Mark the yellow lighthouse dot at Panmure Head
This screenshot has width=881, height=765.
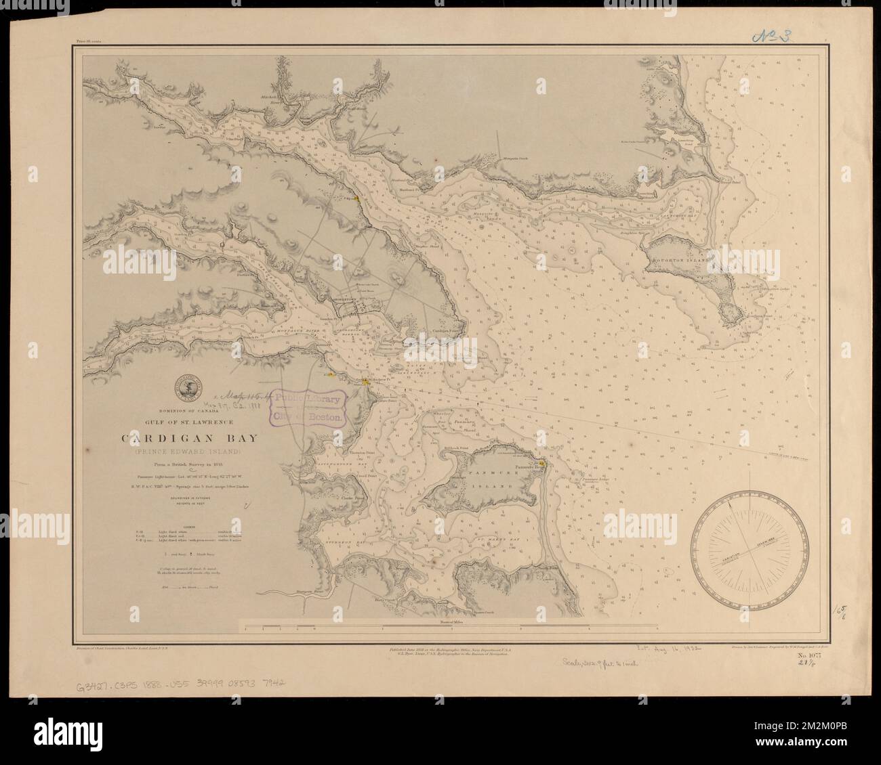(541, 464)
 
